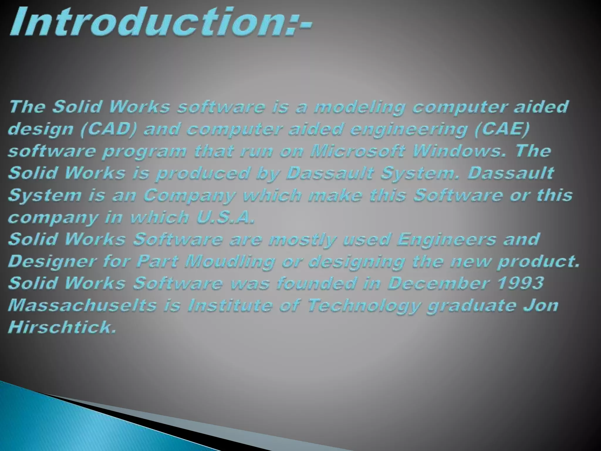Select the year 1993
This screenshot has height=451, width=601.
point(521,283)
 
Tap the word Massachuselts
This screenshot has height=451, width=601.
point(82,305)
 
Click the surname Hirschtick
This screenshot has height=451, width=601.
point(62,327)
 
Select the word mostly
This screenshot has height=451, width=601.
point(302,240)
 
